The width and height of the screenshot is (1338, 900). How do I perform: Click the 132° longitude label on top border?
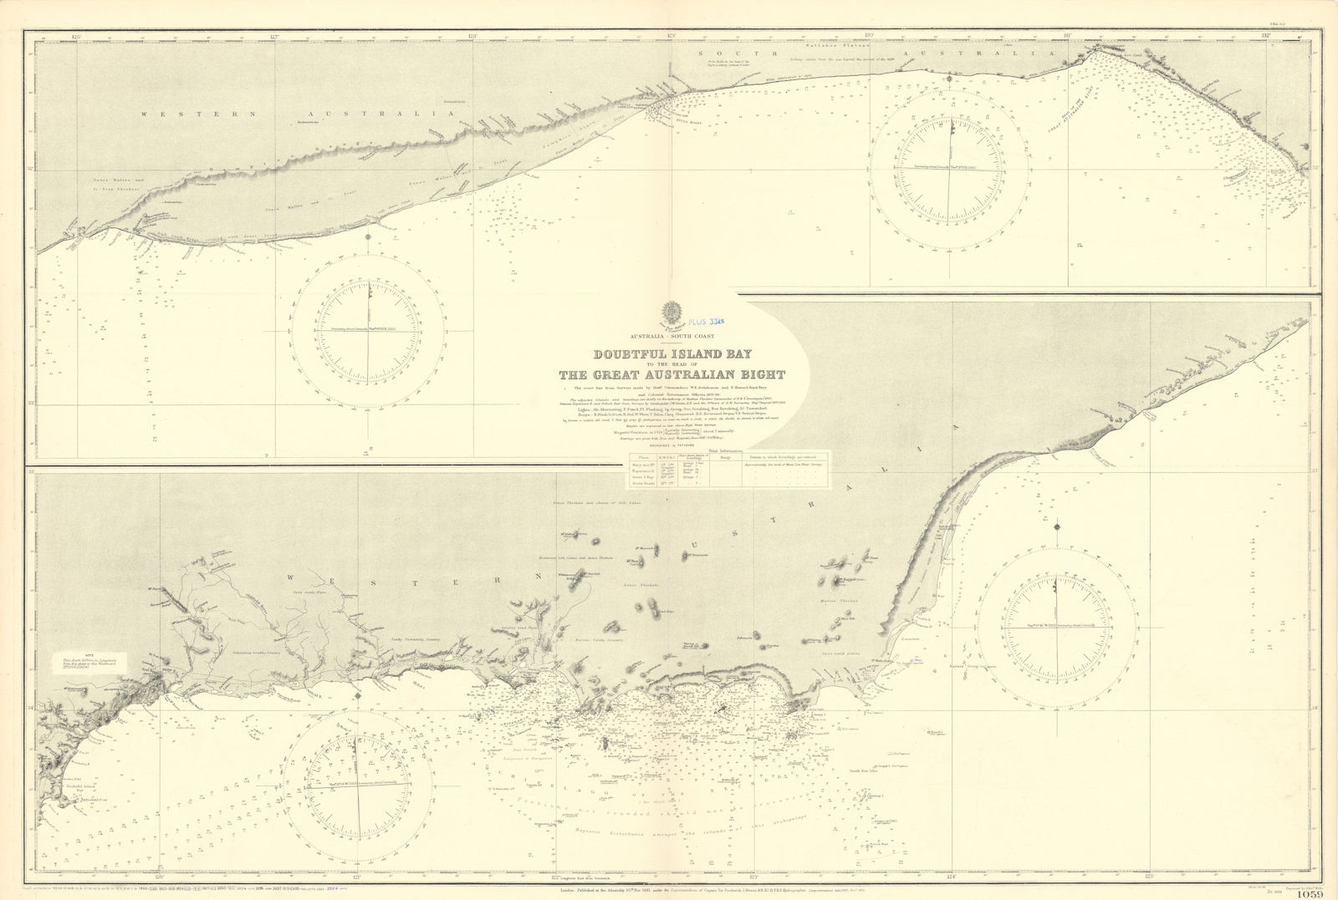[1266, 36]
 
